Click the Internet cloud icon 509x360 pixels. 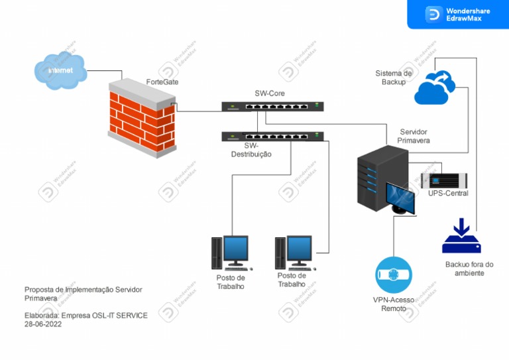click(61, 72)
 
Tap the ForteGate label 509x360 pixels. click(162, 82)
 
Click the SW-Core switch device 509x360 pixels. click(272, 106)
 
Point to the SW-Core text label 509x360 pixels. click(270, 93)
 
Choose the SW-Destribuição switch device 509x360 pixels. click(272, 137)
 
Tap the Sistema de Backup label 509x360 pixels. click(394, 77)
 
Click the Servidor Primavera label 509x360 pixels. click(414, 137)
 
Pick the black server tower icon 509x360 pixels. click(381, 178)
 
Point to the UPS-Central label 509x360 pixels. click(448, 194)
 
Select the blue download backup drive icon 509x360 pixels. click(461, 237)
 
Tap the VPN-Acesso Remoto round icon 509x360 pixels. click(394, 275)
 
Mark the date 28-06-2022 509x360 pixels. click(43, 325)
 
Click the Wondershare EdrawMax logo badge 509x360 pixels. click(458, 15)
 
